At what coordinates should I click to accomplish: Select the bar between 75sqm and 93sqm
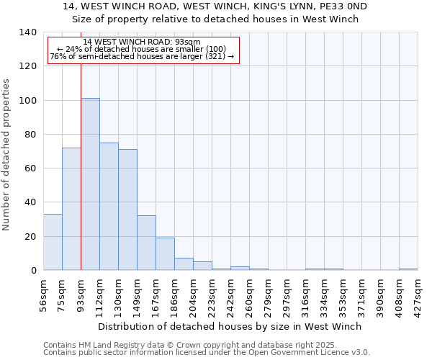(71, 209)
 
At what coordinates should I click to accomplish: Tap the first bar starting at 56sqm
(53, 242)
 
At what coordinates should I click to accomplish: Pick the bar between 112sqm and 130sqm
(109, 207)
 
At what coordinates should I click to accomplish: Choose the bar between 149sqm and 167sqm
(146, 243)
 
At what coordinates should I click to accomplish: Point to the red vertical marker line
(81, 166)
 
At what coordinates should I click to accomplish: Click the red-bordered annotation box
(143, 50)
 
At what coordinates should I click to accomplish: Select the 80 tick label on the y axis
(30, 135)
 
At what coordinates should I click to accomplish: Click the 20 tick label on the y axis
(30, 237)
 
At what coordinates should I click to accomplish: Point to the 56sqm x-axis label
(44, 293)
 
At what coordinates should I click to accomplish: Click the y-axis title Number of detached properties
(6, 155)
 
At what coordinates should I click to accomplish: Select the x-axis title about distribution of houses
(230, 326)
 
